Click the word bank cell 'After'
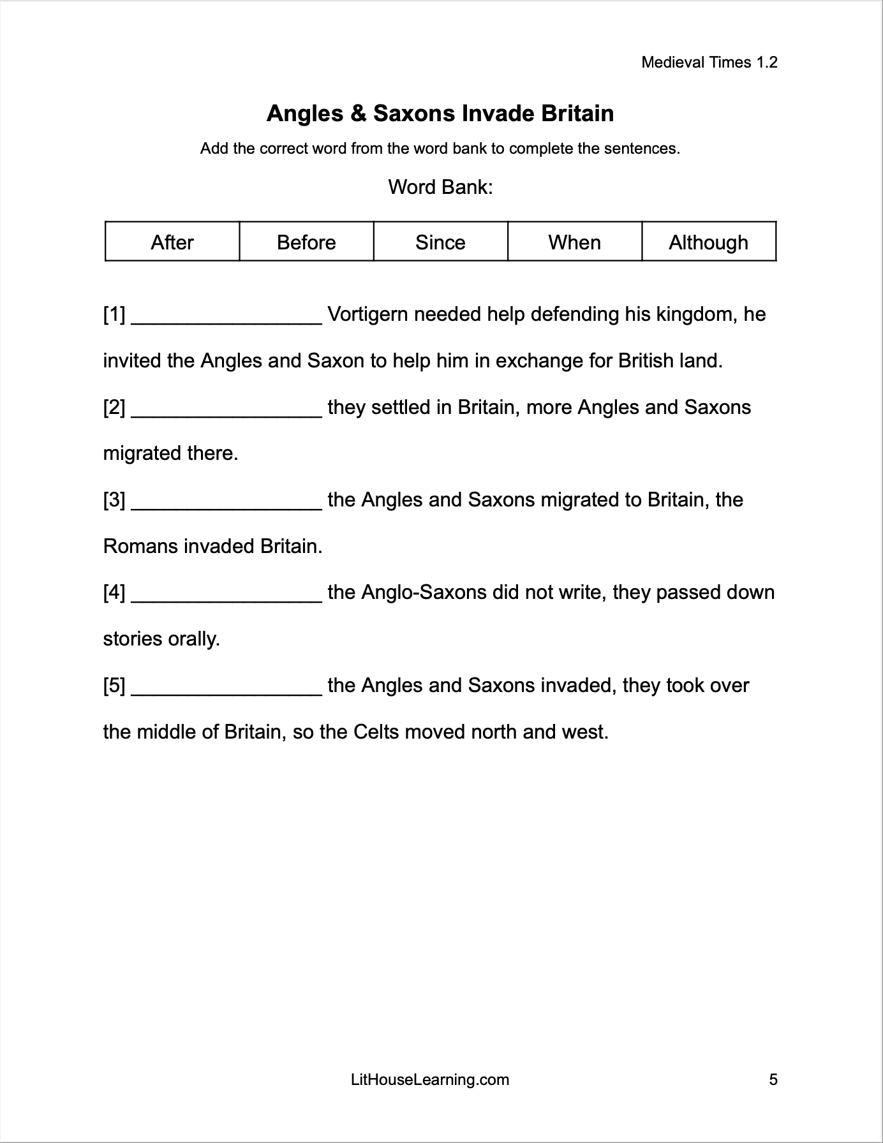tap(172, 242)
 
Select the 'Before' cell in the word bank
tap(306, 242)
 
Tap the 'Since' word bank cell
tap(440, 242)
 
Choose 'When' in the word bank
tap(574, 242)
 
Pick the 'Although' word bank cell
tap(708, 242)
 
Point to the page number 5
tap(773, 1080)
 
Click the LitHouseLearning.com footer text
tap(430, 1080)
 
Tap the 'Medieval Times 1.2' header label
tap(709, 63)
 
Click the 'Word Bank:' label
tap(440, 188)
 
